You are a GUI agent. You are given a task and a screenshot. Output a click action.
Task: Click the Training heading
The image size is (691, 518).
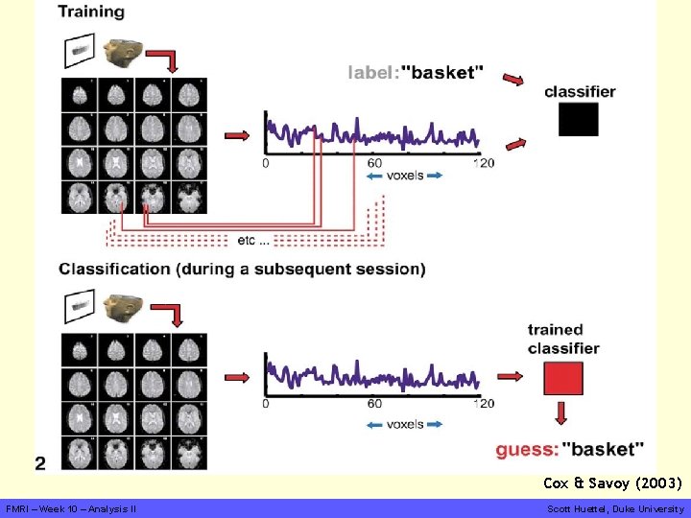coord(91,12)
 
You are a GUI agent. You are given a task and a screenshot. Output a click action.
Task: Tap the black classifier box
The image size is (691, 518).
coord(578,119)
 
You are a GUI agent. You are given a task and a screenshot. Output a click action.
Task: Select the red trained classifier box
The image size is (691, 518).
coord(563,378)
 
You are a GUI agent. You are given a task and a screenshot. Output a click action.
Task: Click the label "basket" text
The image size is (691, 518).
coord(416,72)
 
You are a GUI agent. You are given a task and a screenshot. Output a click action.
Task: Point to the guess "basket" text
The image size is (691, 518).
coord(569,448)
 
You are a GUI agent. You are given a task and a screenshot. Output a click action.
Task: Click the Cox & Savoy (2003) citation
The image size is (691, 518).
coord(612,483)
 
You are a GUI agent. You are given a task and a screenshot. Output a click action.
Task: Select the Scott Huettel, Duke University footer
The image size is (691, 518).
coord(614,508)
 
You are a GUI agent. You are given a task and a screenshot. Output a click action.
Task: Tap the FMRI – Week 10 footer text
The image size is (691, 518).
coord(71,508)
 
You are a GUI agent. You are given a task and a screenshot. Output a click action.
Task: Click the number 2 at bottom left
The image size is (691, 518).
coord(40,463)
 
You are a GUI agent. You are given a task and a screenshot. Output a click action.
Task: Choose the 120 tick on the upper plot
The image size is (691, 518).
coord(485,163)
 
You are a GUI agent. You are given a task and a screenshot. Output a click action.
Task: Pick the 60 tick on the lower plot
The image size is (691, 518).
coord(374,404)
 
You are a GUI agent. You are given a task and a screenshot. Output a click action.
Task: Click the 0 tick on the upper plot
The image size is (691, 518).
coord(266,163)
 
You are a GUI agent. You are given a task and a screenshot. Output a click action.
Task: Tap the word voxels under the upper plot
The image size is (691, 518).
coord(405,176)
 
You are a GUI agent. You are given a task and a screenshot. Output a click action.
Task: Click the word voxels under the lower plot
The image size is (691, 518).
coord(405,423)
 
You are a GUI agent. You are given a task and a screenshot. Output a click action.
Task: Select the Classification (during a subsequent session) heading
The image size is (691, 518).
coord(242,269)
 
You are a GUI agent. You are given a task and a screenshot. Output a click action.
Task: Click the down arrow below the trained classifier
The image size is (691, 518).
coord(560,413)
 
